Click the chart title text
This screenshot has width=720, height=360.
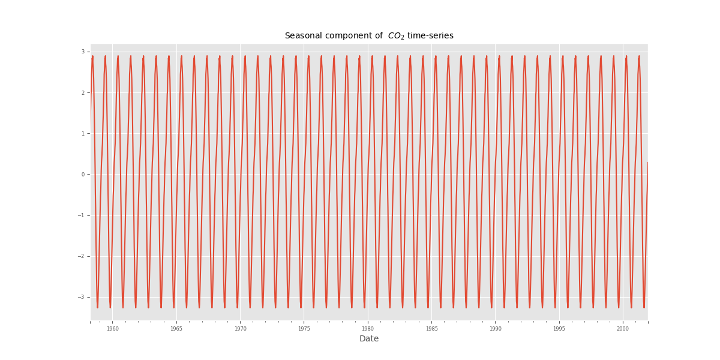368,36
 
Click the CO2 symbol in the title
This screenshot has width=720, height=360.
396,36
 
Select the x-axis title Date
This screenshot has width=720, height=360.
369,339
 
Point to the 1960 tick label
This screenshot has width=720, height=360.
112,329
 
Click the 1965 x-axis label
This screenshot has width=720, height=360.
176,329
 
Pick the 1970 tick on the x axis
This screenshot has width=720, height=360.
240,329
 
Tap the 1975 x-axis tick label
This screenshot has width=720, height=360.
304,329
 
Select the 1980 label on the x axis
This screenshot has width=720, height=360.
367,329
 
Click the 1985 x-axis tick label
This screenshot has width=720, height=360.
431,329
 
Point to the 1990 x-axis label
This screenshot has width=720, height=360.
495,329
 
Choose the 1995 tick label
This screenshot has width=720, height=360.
559,329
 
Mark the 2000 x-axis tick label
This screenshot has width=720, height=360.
623,329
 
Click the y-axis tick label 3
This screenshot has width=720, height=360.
83,52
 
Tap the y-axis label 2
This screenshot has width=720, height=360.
83,93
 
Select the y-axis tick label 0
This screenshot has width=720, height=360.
83,175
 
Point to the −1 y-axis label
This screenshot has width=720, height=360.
82,215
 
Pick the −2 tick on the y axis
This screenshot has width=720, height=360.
82,256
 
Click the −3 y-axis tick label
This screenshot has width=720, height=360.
82,297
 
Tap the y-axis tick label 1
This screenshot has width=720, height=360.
83,134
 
